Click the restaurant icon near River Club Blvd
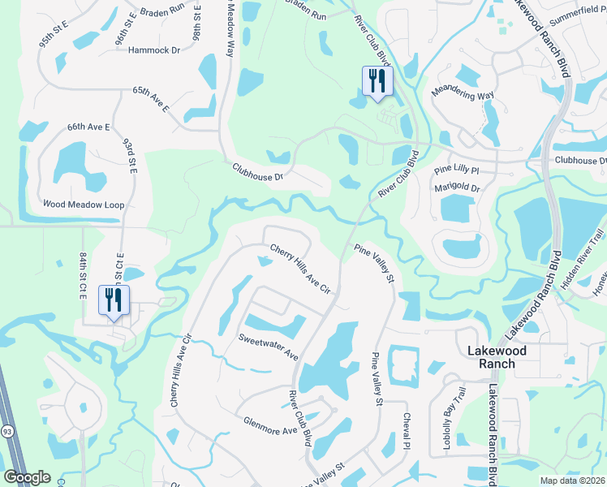[377, 81]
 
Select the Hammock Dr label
[153, 50]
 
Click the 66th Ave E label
[88, 127]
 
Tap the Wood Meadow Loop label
[84, 205]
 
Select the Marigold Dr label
[458, 188]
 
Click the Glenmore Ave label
[271, 420]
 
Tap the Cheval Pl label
[407, 431]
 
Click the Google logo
[28, 477]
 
